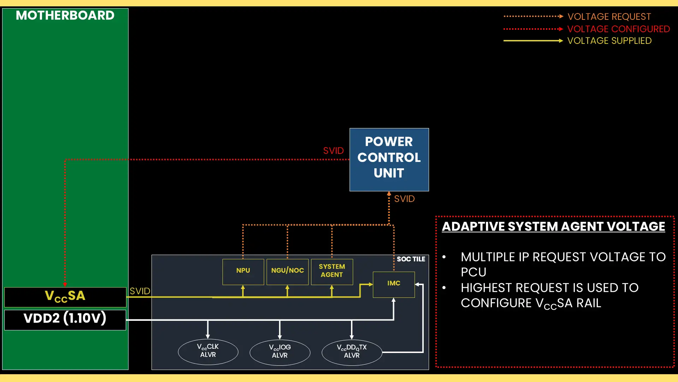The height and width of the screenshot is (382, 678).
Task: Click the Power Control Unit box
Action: coord(389,160)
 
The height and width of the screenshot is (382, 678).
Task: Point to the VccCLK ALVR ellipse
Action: coord(208,352)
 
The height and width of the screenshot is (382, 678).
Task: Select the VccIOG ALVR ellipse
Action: coord(280,352)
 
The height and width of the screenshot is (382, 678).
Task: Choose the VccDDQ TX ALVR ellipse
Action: coord(352,352)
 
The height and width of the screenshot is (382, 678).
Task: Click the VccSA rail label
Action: coord(65,297)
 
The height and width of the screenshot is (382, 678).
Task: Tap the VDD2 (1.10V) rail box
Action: coord(65,319)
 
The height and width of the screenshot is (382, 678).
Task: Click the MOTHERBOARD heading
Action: coord(65,16)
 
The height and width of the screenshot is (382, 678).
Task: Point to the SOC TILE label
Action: coord(411,259)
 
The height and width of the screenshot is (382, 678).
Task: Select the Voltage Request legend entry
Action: coord(609,17)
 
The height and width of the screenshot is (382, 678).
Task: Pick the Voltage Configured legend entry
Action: coord(618,29)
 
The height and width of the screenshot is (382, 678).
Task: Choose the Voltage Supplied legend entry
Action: coord(609,41)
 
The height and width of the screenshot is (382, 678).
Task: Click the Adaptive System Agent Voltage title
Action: coord(553,227)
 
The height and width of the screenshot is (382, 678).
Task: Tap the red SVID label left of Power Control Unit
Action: coord(333,151)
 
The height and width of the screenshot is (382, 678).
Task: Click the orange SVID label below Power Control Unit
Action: coord(404,199)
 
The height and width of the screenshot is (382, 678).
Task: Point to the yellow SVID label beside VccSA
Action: coord(140,291)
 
